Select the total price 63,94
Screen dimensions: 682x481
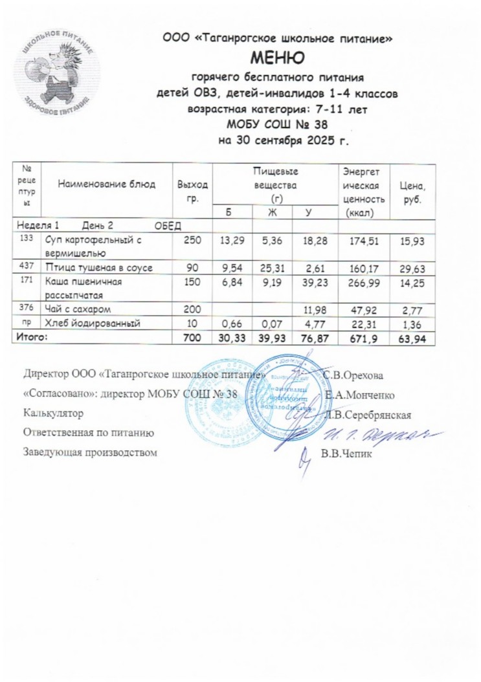click(413, 337)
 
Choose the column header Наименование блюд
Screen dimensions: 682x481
click(107, 184)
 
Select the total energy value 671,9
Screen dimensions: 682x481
click(368, 337)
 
